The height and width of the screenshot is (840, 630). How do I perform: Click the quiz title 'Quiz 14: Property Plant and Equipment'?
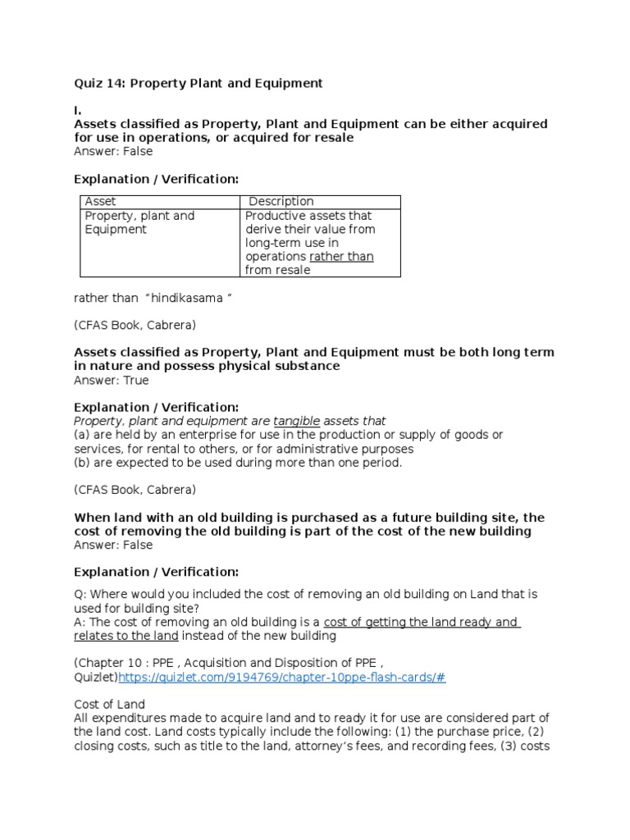pyautogui.click(x=199, y=84)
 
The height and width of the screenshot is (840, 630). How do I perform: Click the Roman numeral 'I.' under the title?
pyautogui.click(x=78, y=110)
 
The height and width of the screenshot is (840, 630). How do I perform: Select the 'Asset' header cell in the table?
pyautogui.click(x=101, y=202)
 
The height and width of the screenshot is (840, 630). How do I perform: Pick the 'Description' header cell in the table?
pyautogui.click(x=281, y=202)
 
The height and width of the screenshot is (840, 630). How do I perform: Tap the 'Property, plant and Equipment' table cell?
pyautogui.click(x=139, y=223)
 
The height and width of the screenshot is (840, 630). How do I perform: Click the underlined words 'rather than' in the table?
pyautogui.click(x=341, y=257)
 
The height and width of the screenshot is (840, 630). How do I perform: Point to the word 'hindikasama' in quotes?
pyautogui.click(x=190, y=298)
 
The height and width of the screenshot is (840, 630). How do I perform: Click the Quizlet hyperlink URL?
pyautogui.click(x=283, y=678)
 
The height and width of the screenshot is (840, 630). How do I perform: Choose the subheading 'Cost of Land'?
pyautogui.click(x=109, y=705)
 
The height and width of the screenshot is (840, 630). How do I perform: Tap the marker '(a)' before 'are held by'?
pyautogui.click(x=83, y=435)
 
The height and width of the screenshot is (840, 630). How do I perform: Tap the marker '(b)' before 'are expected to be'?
pyautogui.click(x=83, y=463)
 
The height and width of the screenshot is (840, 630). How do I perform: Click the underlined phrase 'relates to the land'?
pyautogui.click(x=126, y=636)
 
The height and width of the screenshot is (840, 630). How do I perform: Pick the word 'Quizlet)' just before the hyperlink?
pyautogui.click(x=96, y=678)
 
